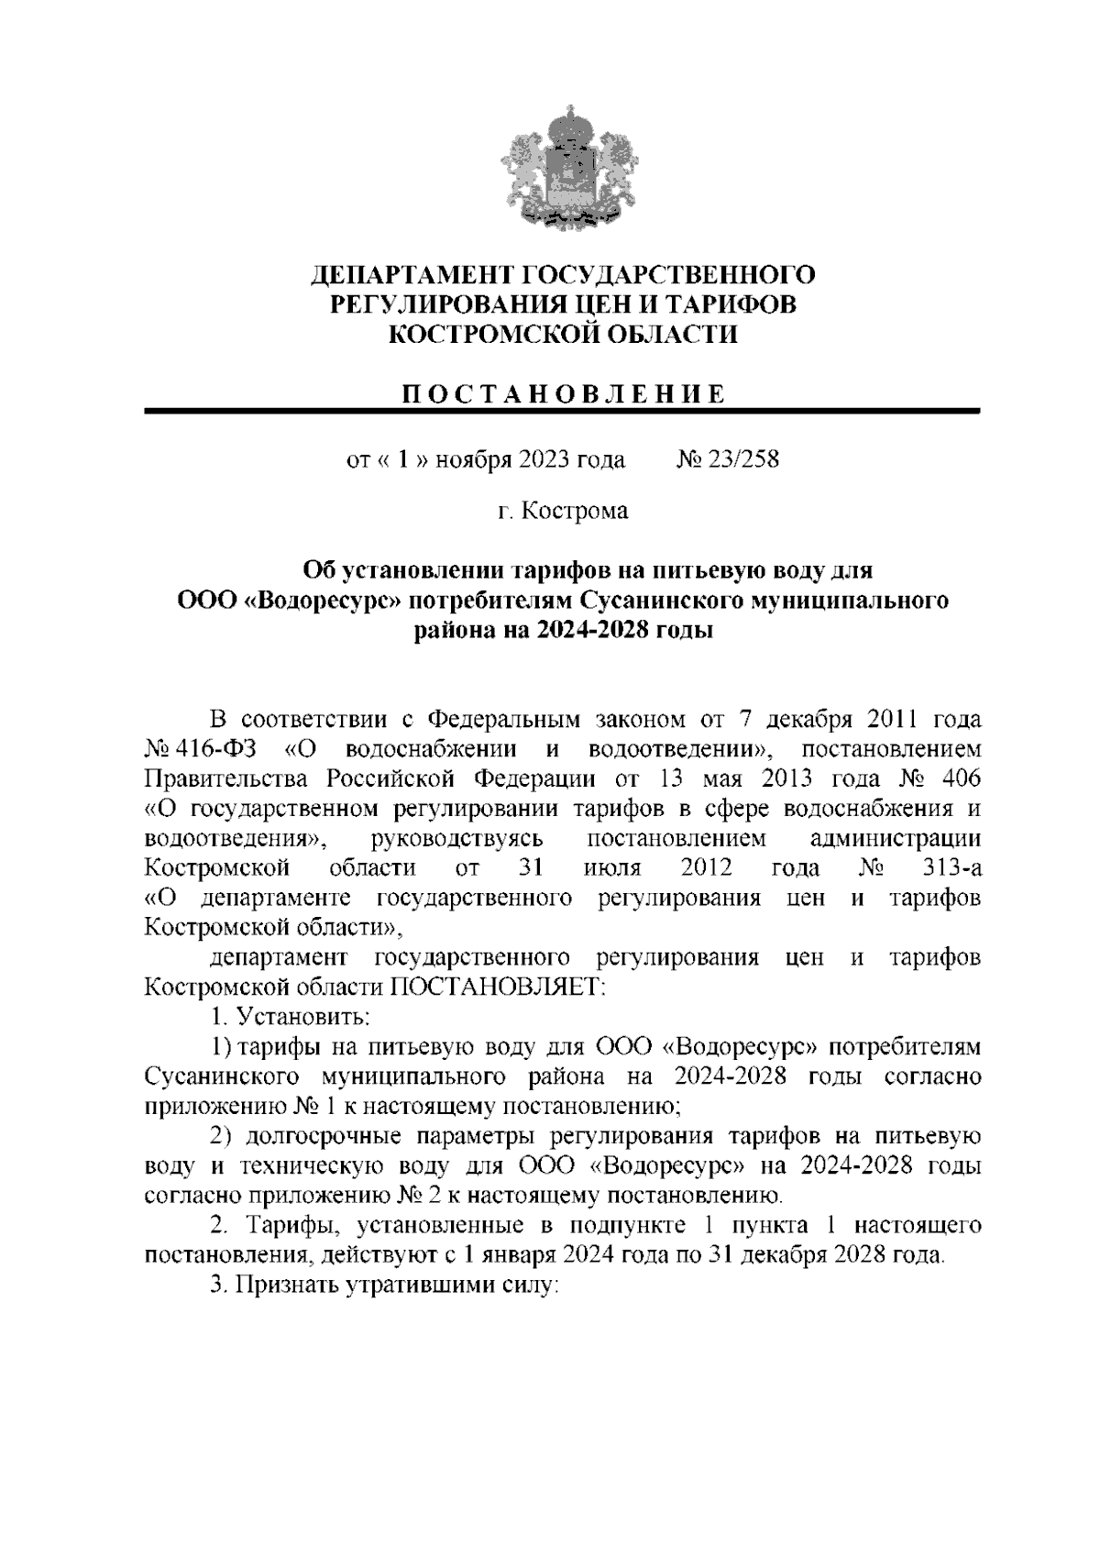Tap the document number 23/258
click(x=742, y=459)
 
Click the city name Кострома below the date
click(x=576, y=511)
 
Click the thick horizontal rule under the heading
click(x=563, y=412)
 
